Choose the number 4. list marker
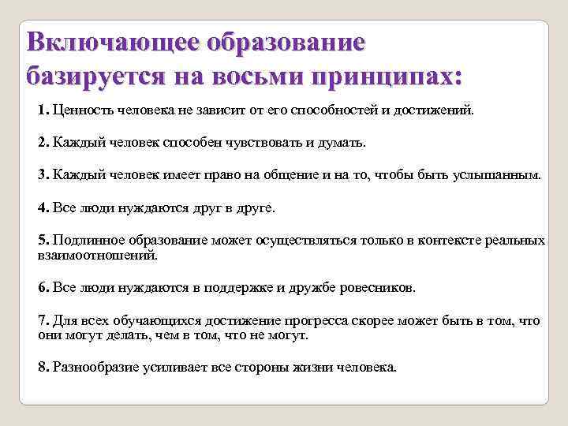point(43,208)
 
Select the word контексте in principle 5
point(441,240)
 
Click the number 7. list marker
point(43,320)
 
